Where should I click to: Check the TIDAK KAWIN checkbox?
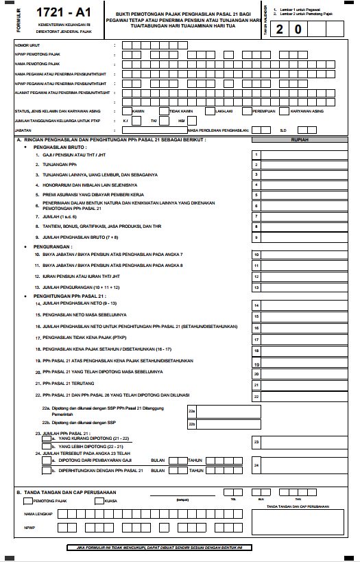coord(163,110)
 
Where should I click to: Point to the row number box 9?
coord(256,237)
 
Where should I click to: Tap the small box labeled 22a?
coord(193,410)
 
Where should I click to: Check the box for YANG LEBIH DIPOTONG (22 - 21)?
coord(45,446)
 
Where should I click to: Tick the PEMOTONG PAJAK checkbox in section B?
coord(28,500)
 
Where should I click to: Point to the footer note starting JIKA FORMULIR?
coord(180,548)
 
